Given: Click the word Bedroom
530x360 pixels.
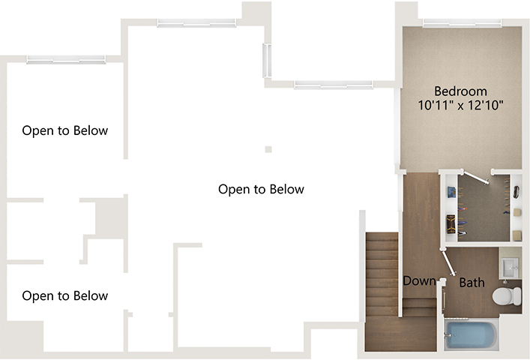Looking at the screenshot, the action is pos(460,90).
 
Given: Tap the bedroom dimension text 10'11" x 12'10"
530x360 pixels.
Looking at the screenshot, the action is pos(460,106).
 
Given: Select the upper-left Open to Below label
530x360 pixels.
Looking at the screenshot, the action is pos(65,130).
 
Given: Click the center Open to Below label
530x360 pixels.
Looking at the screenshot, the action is pos(261,189).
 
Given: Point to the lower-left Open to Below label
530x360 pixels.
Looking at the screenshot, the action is pos(65,295).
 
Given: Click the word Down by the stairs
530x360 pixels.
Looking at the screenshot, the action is pos(419,281).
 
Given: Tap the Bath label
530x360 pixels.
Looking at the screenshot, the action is pos(472,283).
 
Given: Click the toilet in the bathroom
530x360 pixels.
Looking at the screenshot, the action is pos(508,296).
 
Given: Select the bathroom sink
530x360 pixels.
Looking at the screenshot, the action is pos(510,267).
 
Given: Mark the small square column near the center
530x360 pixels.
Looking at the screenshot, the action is pos(268,149).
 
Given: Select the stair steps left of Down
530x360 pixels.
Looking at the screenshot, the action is pos(382,274).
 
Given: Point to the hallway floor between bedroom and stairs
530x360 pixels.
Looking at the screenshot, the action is pos(420,217).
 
